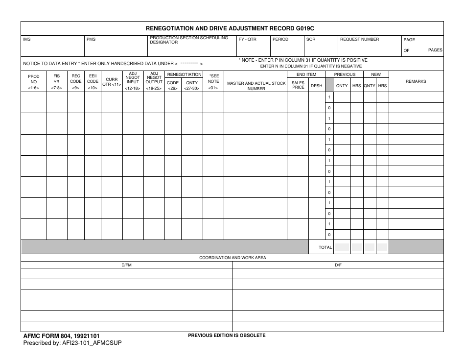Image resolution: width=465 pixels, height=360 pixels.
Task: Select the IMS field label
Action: [27, 39]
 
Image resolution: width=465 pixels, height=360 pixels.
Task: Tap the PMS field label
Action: [91, 39]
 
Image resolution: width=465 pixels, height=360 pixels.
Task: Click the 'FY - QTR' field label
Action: [248, 39]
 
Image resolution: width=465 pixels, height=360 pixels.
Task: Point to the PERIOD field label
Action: [280, 39]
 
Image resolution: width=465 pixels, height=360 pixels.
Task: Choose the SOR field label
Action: [311, 39]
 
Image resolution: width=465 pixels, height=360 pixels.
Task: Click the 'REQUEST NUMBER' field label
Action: [359, 39]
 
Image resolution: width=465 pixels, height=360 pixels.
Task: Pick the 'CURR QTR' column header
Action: [112, 82]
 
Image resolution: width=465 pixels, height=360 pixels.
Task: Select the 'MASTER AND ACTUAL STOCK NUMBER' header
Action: [256, 86]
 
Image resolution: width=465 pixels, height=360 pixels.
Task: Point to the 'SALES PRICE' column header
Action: [298, 85]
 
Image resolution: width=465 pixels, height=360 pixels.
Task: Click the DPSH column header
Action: [317, 86]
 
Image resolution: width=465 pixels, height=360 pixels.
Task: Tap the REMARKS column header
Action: [416, 81]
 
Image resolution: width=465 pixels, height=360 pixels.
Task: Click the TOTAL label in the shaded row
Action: [325, 247]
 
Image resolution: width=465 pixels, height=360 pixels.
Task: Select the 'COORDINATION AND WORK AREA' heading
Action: [232, 258]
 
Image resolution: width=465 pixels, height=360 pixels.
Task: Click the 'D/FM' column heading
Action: [126, 265]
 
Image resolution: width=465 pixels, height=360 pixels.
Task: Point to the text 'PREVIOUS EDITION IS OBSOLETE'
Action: [227, 336]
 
